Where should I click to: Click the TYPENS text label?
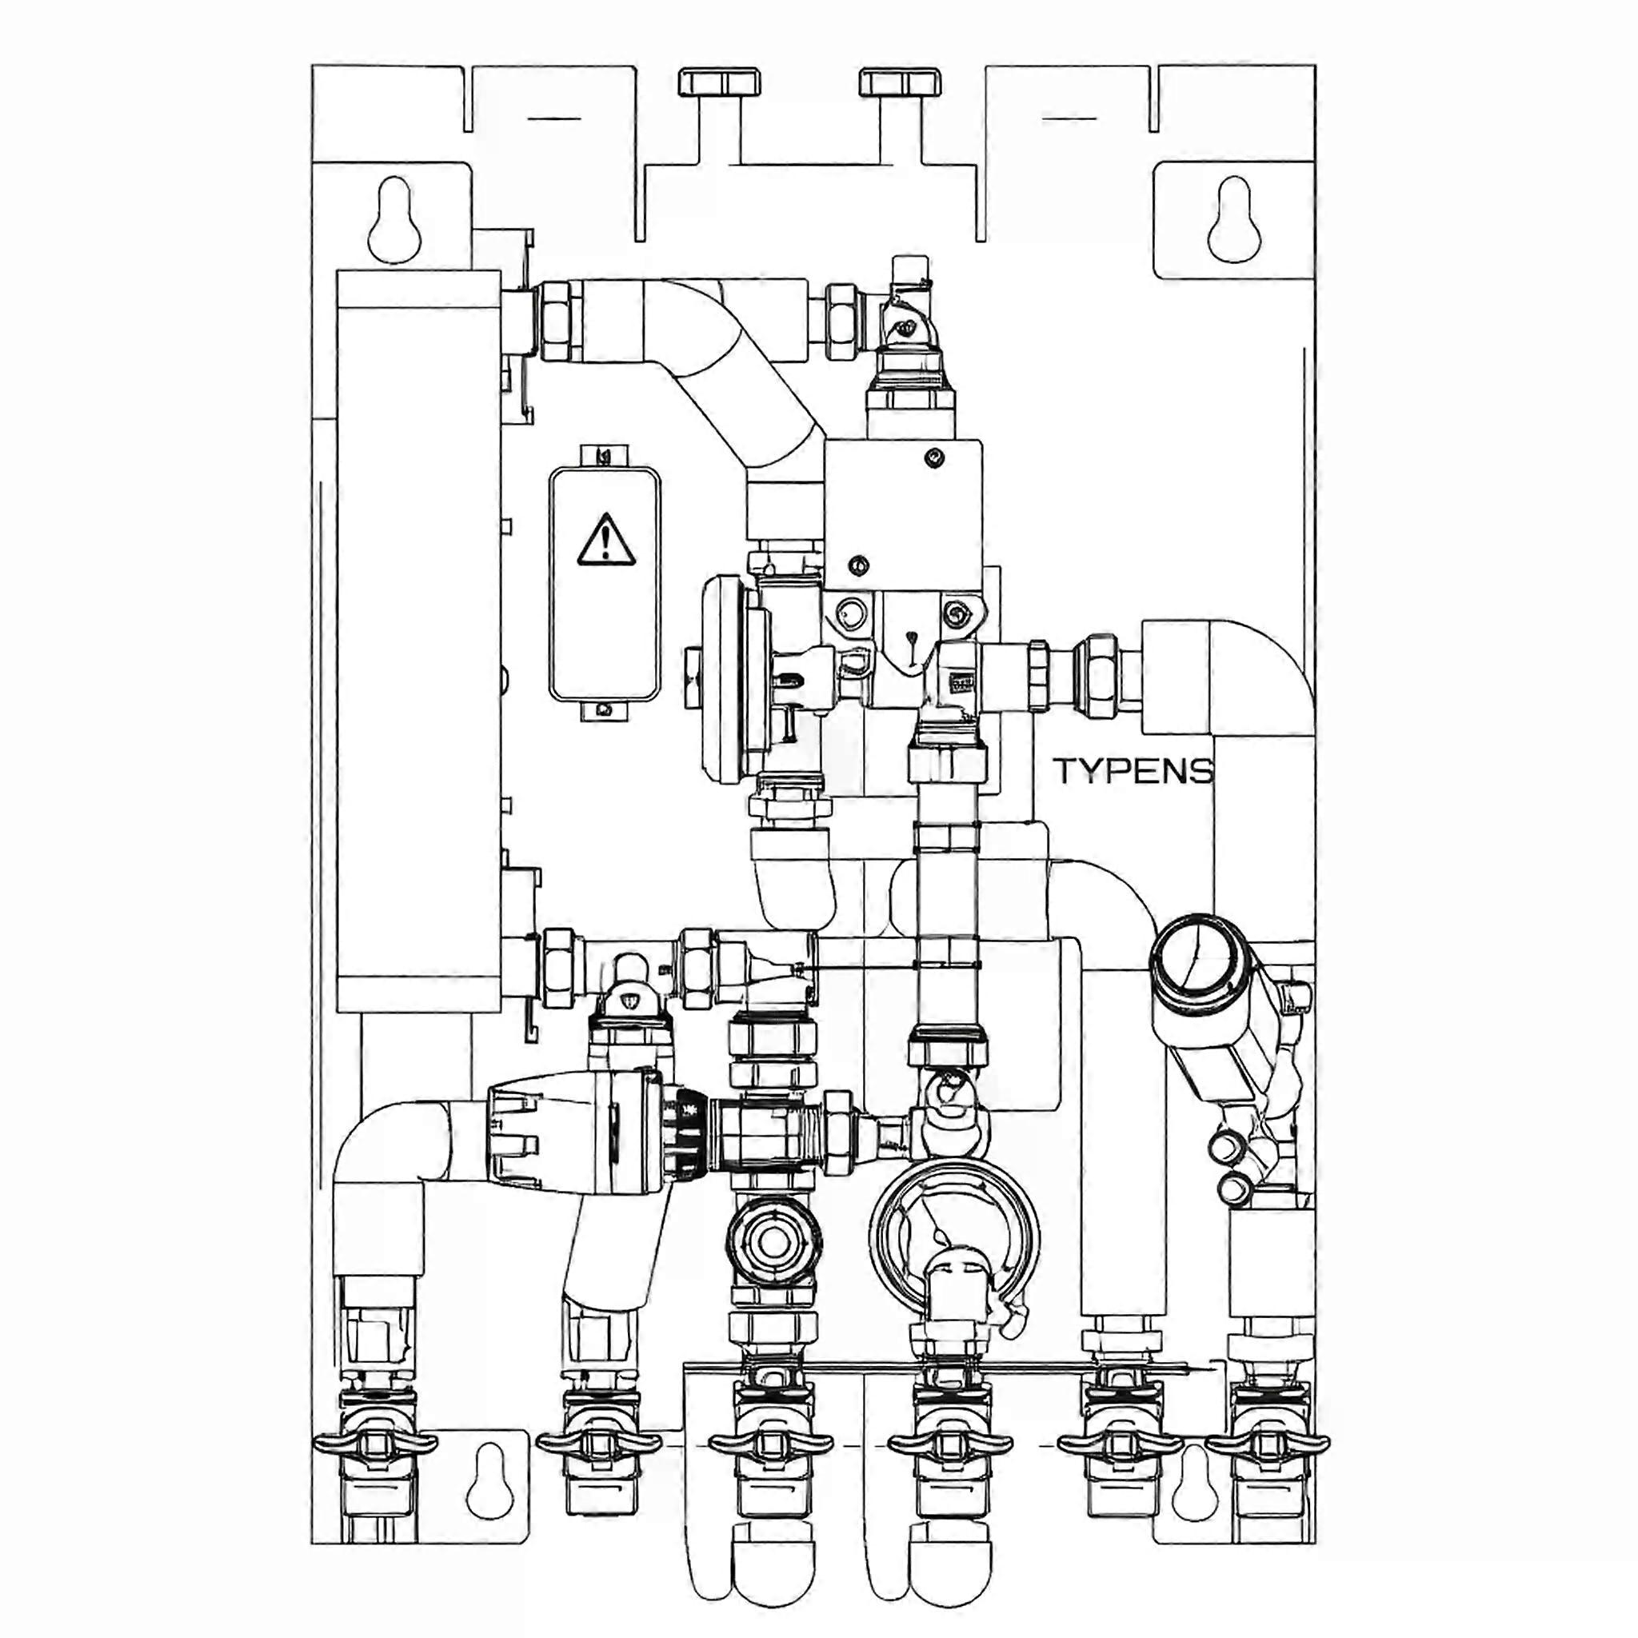pos(1133,772)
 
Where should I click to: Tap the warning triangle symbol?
pos(606,539)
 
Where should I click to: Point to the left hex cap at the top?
pos(720,82)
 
